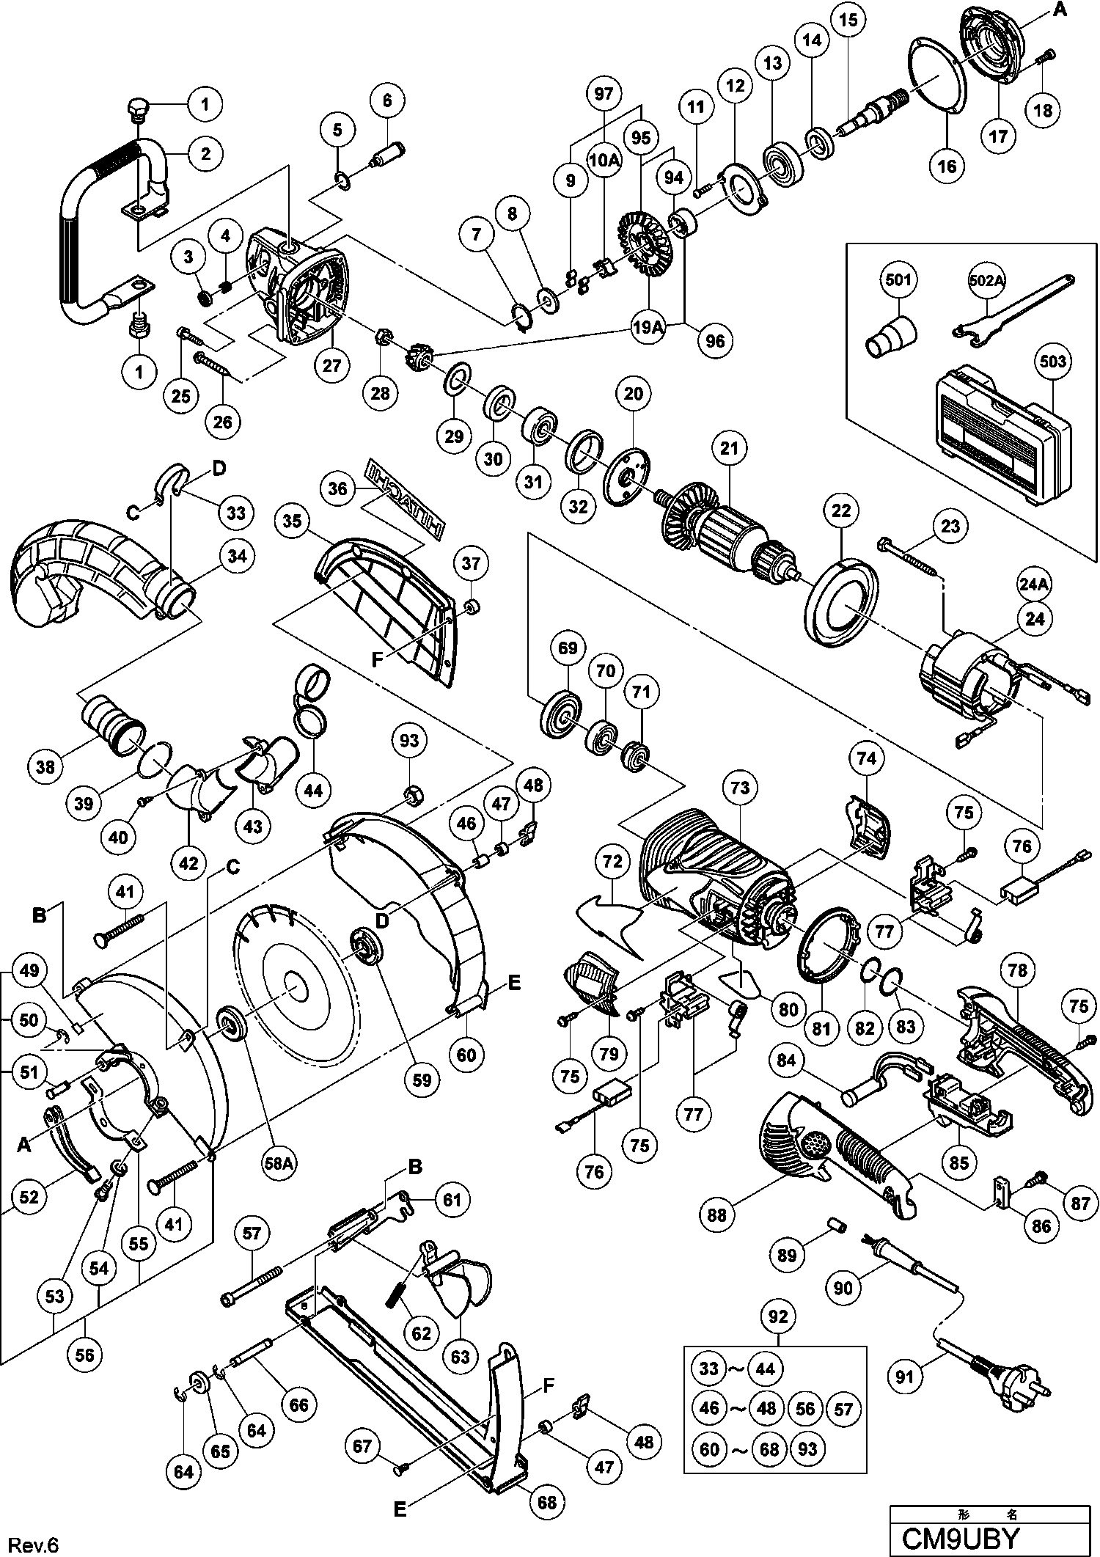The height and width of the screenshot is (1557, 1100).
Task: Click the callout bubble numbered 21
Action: pos(730,448)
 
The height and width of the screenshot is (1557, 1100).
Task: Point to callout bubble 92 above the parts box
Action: pos(778,1317)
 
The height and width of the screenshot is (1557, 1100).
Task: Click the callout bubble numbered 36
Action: pos(338,488)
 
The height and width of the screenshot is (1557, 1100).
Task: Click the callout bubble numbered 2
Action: pos(205,153)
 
